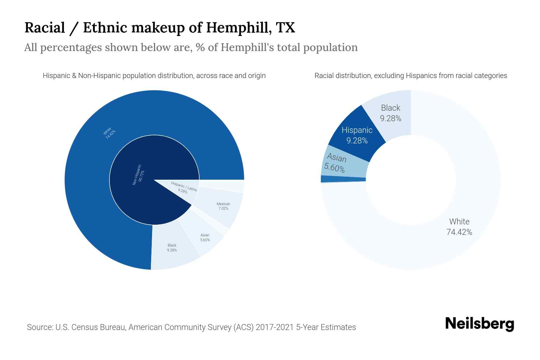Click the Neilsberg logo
tap(479, 324)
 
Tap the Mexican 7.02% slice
tap(223, 206)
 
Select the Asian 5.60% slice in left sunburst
tap(205, 238)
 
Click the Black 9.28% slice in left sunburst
tap(172, 248)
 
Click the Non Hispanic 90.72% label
tap(139, 175)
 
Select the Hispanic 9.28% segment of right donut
tap(357, 135)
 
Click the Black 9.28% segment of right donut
tap(391, 113)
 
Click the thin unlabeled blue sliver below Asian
tap(343, 179)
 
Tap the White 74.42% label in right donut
tap(459, 227)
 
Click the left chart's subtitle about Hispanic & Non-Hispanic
tap(154, 76)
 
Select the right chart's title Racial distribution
tap(410, 76)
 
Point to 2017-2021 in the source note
tap(274, 327)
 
